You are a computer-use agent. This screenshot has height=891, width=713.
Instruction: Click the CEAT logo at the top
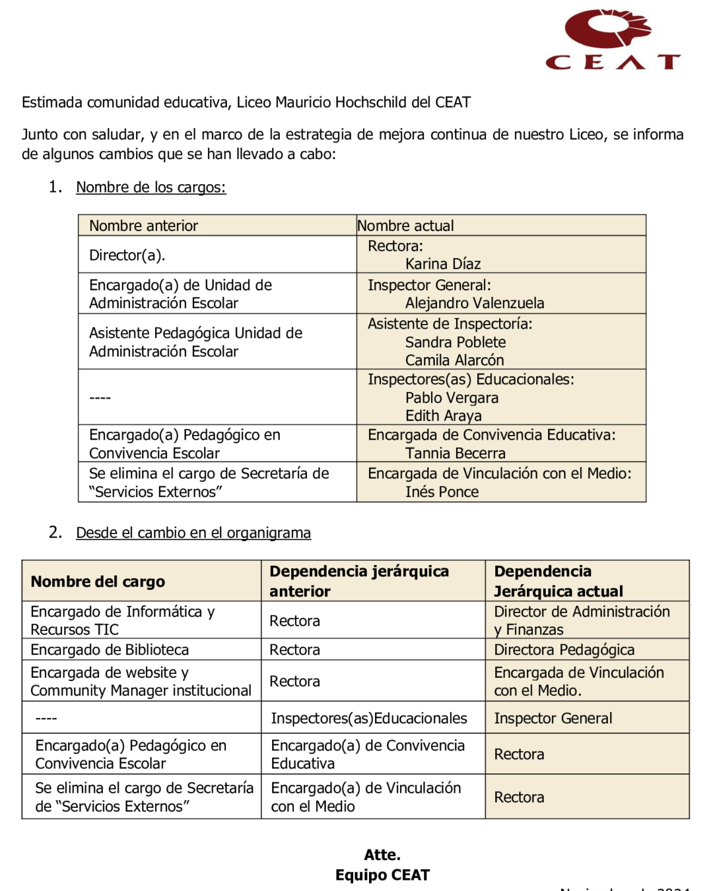(x=612, y=40)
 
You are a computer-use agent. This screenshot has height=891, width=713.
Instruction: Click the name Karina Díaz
(x=443, y=264)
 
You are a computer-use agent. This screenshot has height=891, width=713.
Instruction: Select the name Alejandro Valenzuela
(x=475, y=303)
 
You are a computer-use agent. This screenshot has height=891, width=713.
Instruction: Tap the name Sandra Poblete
(x=456, y=342)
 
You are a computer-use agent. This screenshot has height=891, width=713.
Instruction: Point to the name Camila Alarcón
(x=454, y=360)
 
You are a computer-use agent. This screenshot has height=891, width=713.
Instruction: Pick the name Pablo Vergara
(x=452, y=398)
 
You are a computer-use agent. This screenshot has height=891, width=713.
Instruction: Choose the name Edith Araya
(x=443, y=416)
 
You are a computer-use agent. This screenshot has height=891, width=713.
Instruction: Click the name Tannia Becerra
(x=455, y=453)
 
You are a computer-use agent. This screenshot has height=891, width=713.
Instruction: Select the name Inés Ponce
(x=442, y=492)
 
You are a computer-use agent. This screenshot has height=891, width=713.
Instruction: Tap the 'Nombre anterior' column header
(x=143, y=226)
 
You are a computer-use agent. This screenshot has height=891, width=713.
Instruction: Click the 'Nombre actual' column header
(x=405, y=226)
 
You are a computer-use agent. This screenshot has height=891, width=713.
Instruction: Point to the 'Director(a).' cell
(x=127, y=255)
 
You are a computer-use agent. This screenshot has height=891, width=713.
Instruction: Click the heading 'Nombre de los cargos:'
(x=151, y=187)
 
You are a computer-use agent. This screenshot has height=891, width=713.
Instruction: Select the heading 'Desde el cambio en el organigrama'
(x=193, y=533)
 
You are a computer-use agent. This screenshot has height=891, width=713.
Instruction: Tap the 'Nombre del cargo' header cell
(x=98, y=581)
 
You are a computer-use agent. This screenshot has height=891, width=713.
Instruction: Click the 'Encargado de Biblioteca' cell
(x=110, y=650)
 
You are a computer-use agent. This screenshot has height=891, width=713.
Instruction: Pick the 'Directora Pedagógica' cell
(x=564, y=650)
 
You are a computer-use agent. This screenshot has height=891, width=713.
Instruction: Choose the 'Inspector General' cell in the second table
(x=553, y=718)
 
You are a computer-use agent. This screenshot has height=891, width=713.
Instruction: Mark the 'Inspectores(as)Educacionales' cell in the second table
(x=368, y=718)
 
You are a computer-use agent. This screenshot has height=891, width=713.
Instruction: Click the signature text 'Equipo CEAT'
(x=382, y=875)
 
